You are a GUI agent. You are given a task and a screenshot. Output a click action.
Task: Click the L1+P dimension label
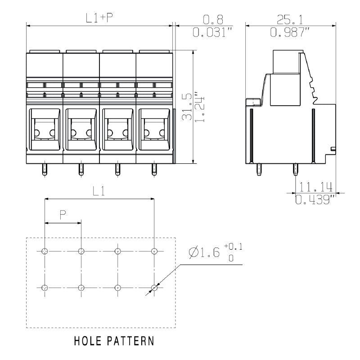coord(99,18)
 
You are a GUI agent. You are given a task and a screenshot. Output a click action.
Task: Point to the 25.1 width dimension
coord(290,19)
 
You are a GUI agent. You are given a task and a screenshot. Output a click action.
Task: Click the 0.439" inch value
coord(315,199)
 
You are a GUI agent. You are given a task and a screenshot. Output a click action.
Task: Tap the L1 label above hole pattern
coord(99,191)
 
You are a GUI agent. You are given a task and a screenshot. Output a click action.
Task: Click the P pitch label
coord(63,216)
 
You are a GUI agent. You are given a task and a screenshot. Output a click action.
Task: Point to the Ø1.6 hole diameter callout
coord(205,253)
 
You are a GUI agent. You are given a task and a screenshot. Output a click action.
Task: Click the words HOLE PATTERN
coord(114,341)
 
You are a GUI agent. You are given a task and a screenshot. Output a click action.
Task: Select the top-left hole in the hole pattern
coord(45,251)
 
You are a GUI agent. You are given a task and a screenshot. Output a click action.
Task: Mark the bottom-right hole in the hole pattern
coord(154,287)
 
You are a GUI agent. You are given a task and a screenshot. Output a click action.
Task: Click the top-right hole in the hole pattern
coord(154,251)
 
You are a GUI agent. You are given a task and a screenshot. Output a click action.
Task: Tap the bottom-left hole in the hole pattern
coord(45,287)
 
